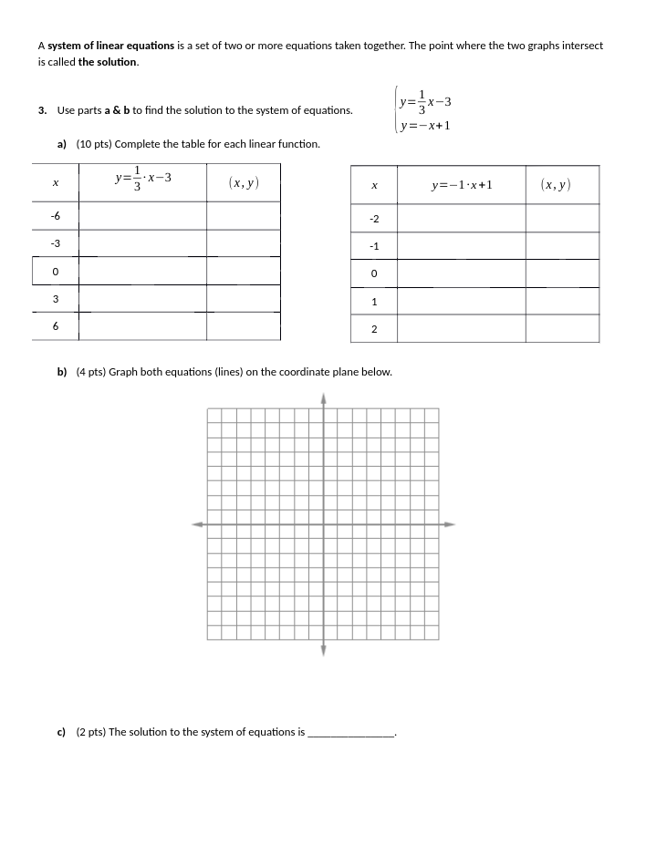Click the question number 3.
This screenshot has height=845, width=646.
tap(42, 110)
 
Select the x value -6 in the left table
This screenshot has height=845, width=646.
tap(55, 215)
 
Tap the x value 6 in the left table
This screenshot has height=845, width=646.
tap(55, 326)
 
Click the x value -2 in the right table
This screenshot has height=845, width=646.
tap(373, 220)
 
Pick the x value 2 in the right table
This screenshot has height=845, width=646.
tap(373, 329)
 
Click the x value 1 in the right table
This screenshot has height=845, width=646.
tap(373, 302)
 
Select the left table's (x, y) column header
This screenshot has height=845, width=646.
tap(243, 183)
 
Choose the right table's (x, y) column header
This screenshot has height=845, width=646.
tap(555, 185)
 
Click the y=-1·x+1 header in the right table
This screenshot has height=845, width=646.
tap(462, 185)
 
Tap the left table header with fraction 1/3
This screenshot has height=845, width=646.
tap(142, 180)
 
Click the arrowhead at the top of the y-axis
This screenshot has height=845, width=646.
tap(323, 398)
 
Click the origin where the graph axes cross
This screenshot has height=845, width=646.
tap(323, 524)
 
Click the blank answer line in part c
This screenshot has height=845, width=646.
tap(351, 733)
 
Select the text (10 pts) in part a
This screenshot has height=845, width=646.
tap(94, 144)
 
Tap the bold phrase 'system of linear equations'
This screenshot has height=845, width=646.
tap(109, 46)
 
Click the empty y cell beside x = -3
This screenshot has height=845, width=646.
tap(142, 243)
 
